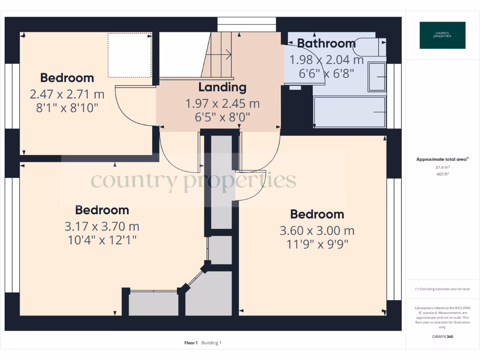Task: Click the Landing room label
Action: click(222, 87)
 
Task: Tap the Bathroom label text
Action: click(326, 44)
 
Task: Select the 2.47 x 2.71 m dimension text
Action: click(67, 94)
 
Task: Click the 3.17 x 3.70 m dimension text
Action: click(102, 226)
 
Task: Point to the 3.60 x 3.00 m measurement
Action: click(317, 231)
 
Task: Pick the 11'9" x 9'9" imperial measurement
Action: click(317, 244)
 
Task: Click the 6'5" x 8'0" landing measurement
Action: click(222, 117)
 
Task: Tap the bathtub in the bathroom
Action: click(349, 112)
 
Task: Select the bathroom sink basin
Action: click(377, 76)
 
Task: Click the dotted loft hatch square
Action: click(130, 55)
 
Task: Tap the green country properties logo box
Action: click(442, 35)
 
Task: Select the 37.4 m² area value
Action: click(442, 167)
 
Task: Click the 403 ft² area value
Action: click(442, 174)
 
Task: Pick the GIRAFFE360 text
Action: click(442, 337)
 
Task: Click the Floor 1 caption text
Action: click(191, 343)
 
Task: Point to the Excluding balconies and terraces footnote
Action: click(442, 289)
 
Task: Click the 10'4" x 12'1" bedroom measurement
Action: click(102, 240)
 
